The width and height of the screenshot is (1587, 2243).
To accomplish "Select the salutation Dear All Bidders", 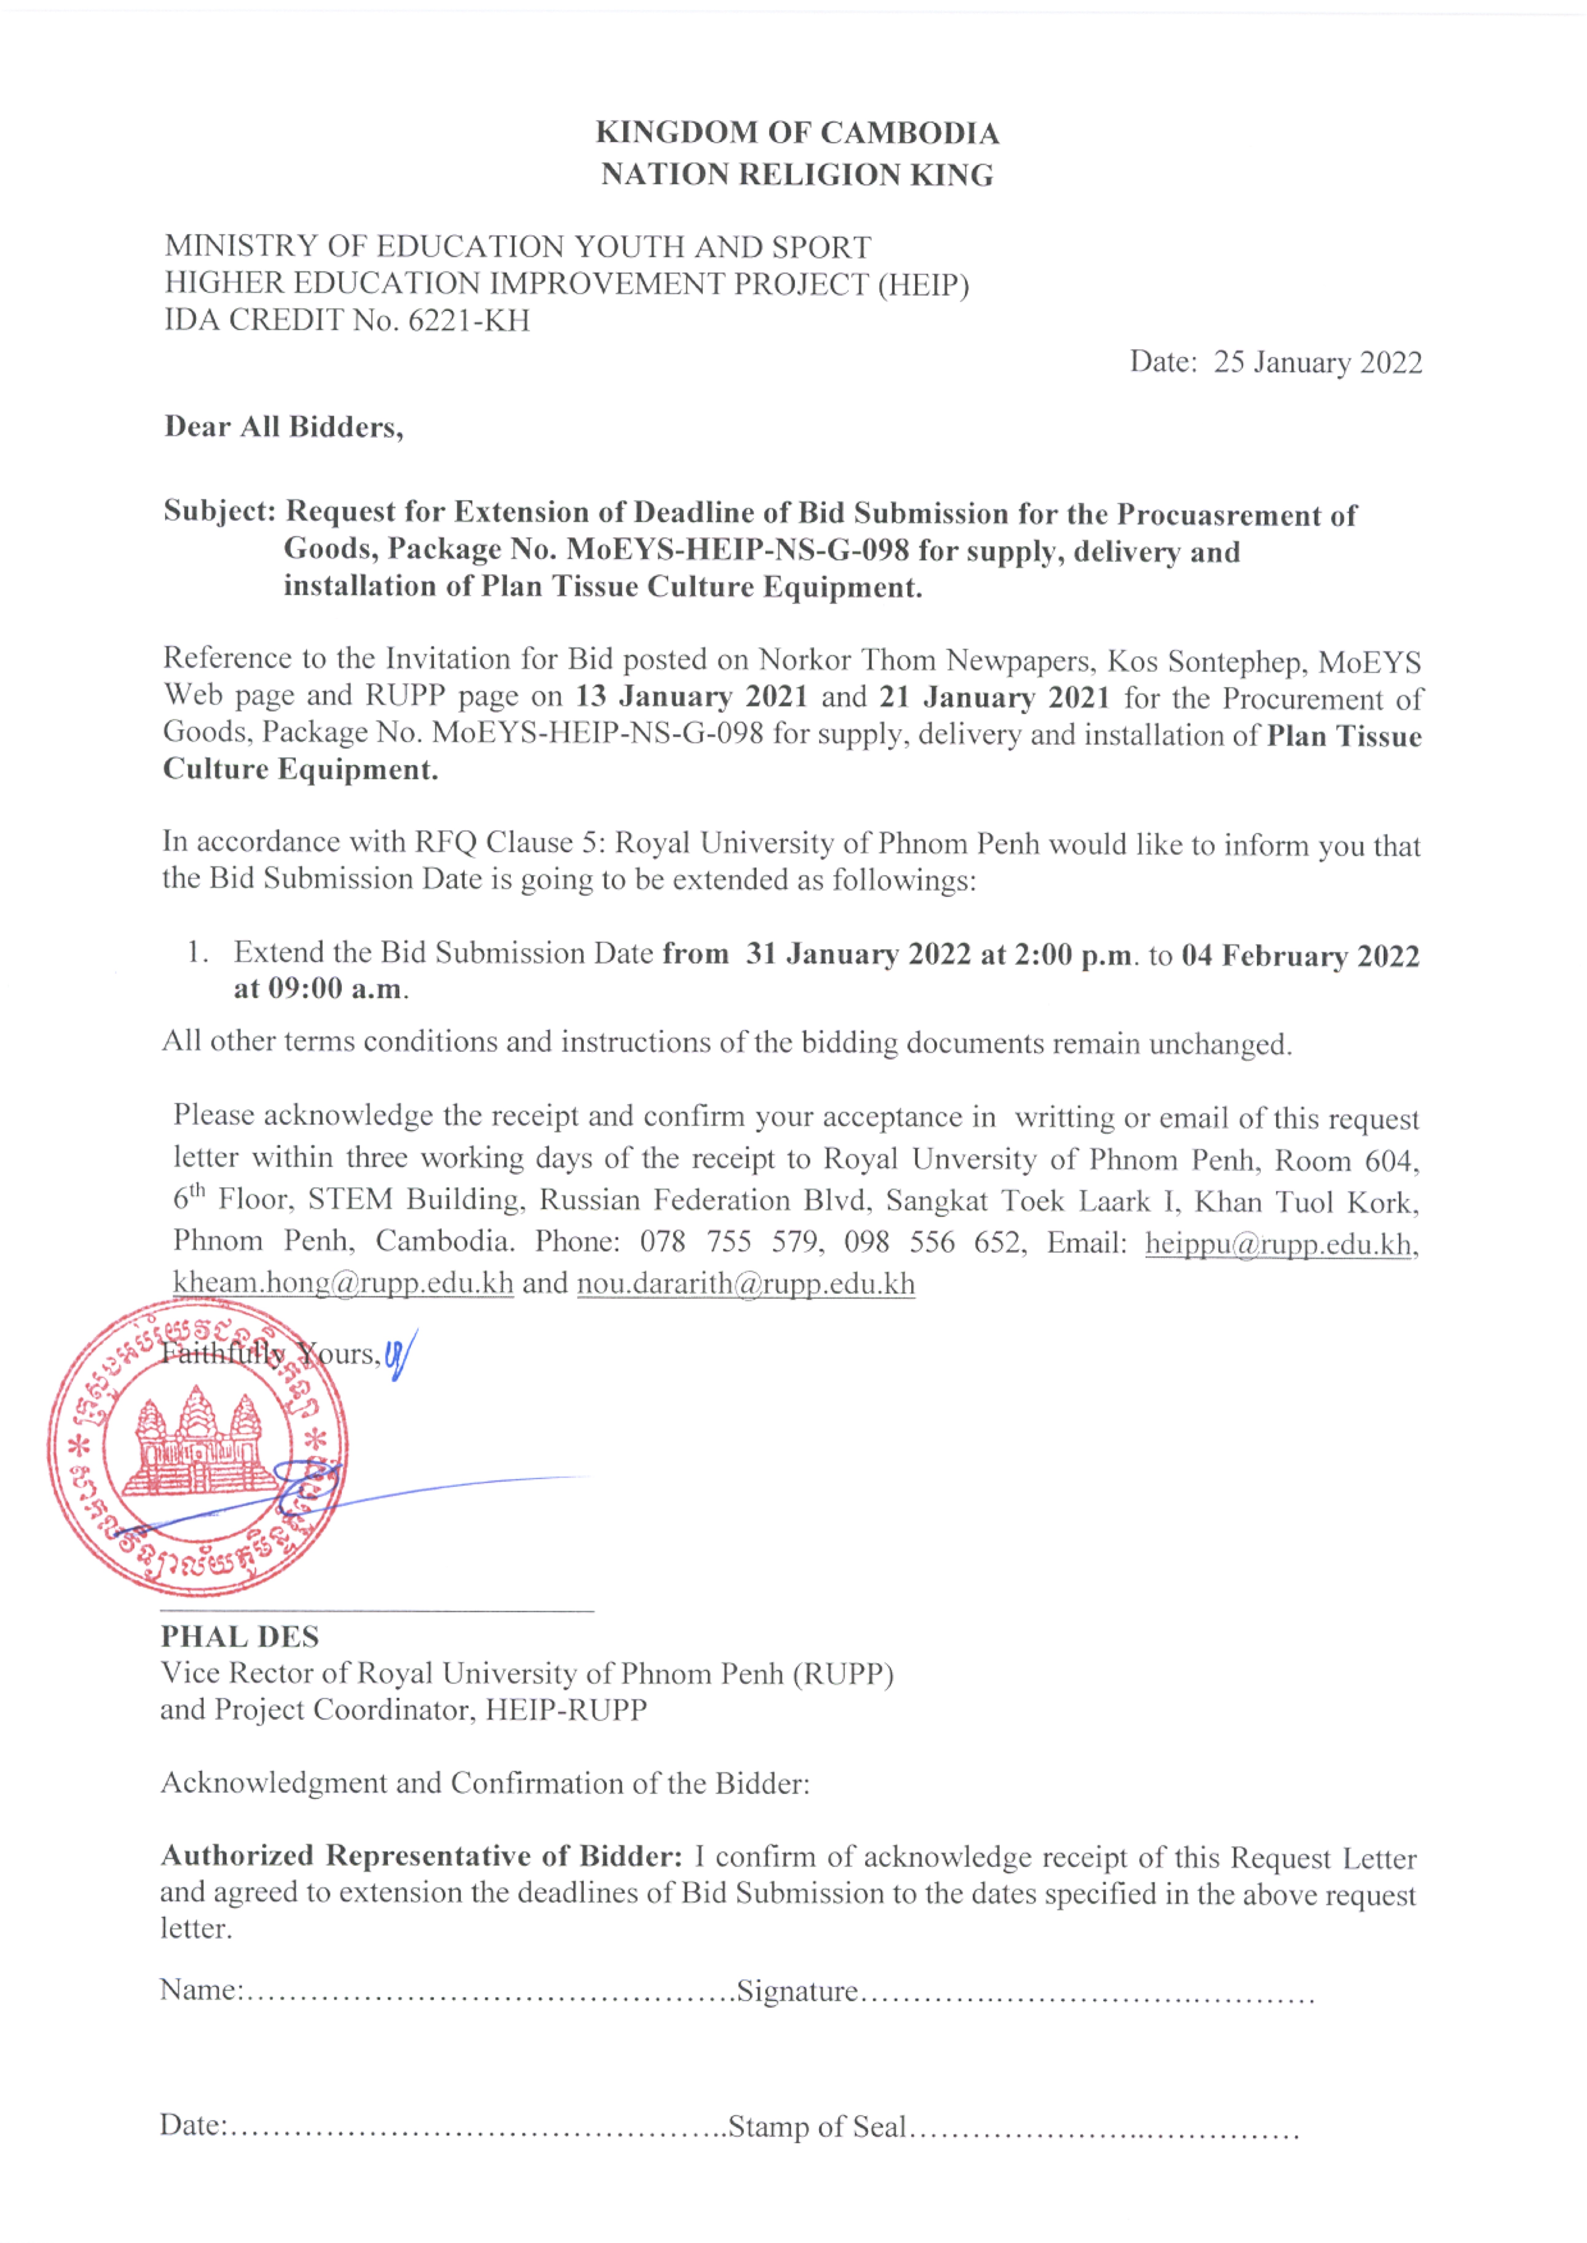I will point(283,427).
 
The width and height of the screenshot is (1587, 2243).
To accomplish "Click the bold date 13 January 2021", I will point(691,697).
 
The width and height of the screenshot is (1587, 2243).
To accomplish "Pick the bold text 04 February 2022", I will point(1300,955).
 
